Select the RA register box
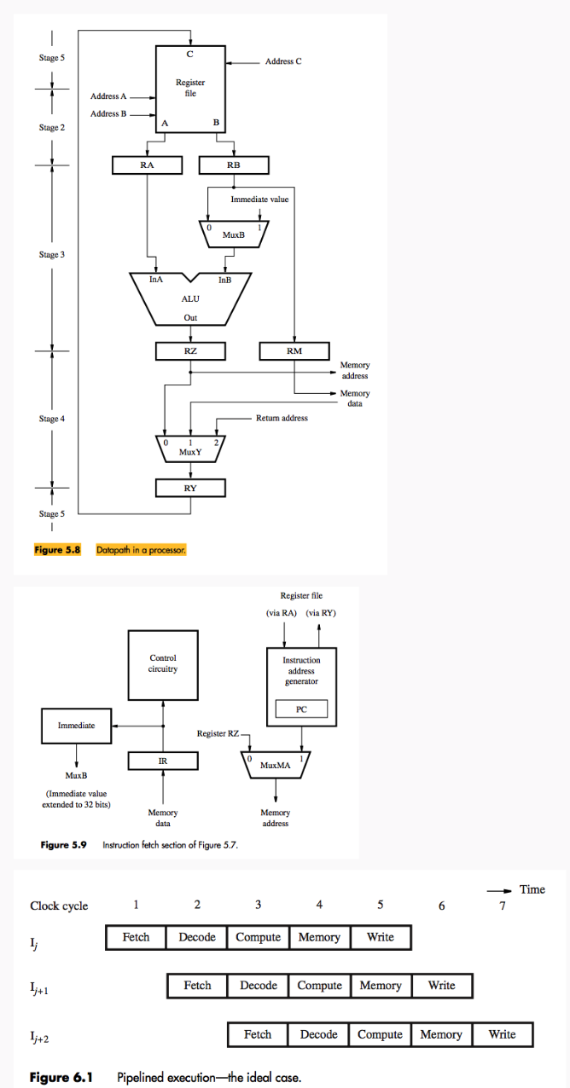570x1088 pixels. point(147,165)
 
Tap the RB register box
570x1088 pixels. point(233,165)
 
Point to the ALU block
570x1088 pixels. point(190,299)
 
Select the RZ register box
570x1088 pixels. point(190,350)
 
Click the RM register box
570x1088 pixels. point(294,350)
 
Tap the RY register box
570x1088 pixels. point(190,488)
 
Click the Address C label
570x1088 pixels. point(282,61)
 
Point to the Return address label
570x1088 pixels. point(282,418)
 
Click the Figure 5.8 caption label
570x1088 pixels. point(57,550)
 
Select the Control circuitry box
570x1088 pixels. point(163,663)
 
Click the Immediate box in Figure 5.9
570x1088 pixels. point(76,725)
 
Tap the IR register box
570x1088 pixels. point(163,760)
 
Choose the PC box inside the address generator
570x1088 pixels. point(301,709)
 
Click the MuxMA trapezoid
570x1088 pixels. point(276,764)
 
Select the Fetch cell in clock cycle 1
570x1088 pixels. point(136,937)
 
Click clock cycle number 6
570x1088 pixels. point(441,905)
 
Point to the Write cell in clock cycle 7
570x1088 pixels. point(502,1034)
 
